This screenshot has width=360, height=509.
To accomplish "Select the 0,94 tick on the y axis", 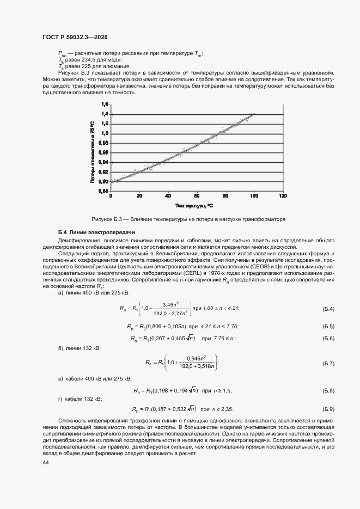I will tap(105, 162).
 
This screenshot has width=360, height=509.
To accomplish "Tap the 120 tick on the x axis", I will tap(282, 195).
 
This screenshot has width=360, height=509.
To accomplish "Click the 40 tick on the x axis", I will tap(168, 195).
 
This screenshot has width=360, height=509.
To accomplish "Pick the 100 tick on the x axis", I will tap(254, 195).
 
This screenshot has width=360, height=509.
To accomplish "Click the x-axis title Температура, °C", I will tap(194, 206).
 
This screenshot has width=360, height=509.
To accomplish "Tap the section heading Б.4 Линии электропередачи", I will tap(96, 232).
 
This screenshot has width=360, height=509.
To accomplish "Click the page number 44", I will tap(46, 447).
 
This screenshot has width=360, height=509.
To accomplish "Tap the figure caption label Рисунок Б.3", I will tap(110, 219).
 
